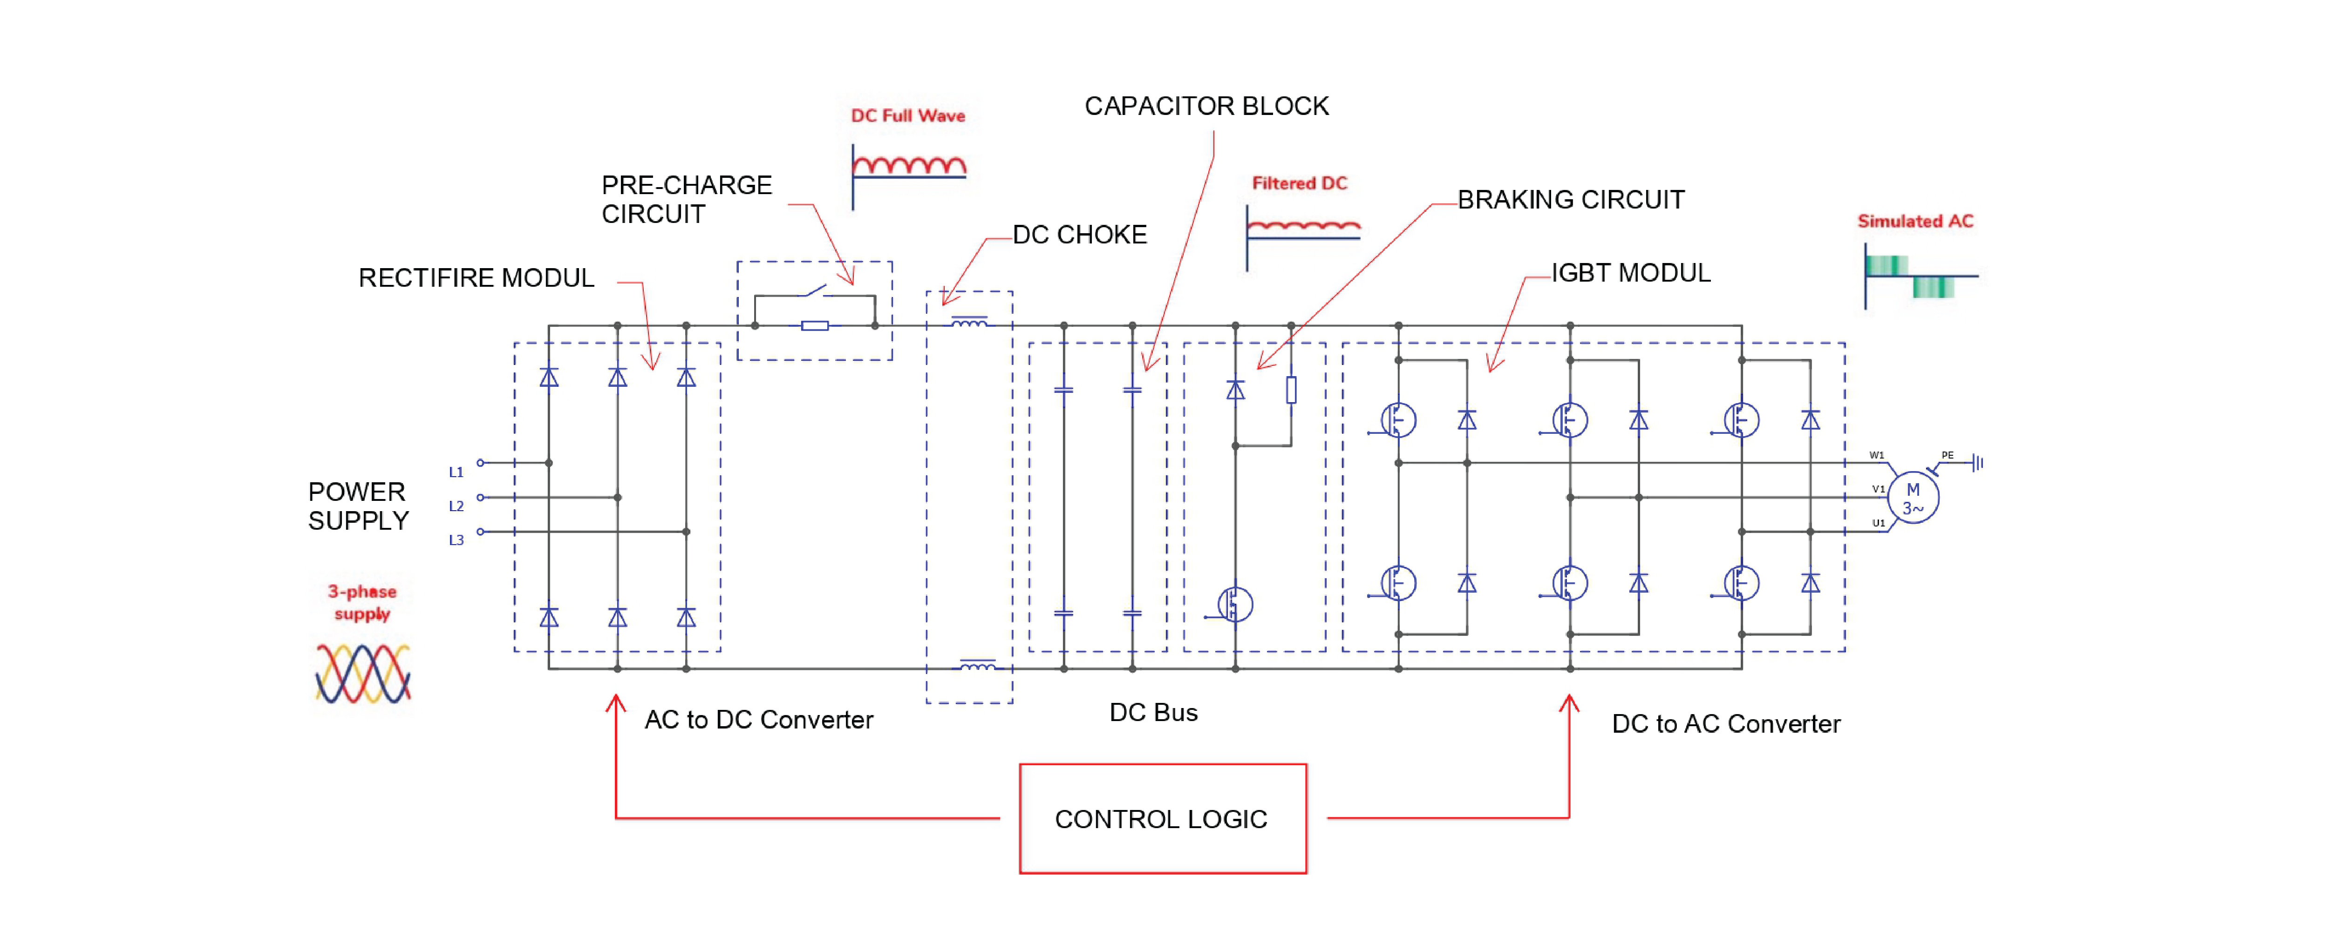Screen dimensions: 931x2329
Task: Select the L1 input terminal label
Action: pos(456,472)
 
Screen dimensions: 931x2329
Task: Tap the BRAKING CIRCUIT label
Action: pos(1571,200)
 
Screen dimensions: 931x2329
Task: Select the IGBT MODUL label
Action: pos(1630,273)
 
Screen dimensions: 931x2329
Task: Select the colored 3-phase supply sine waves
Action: pos(362,674)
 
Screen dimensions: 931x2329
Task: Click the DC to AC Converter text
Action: pos(1725,724)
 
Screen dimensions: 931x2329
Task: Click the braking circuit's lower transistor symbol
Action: pos(1234,604)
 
